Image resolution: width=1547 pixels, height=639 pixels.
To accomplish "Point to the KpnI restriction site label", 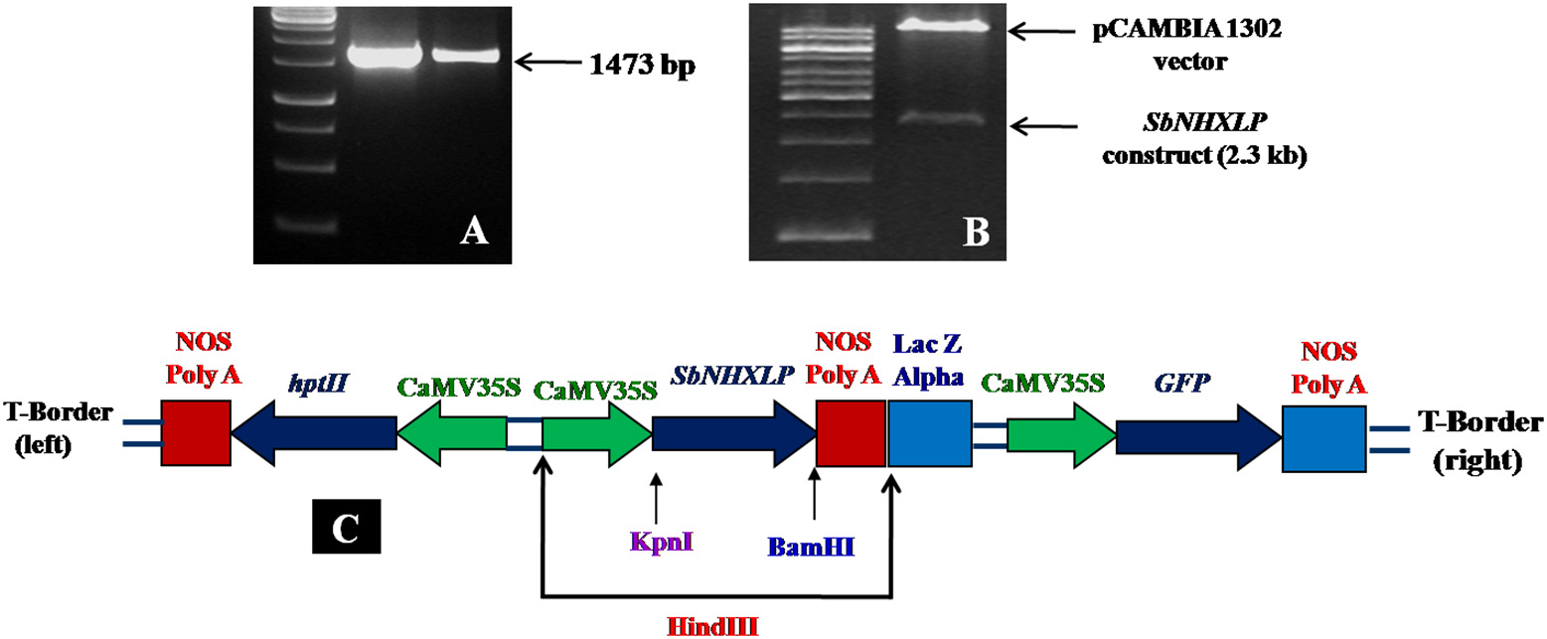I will coord(654,542).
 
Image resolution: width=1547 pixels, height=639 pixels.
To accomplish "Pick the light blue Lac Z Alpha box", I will coord(929,433).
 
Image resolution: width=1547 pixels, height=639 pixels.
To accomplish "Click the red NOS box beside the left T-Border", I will coord(196,433).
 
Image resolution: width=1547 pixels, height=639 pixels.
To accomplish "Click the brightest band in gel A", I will coord(381,57).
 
